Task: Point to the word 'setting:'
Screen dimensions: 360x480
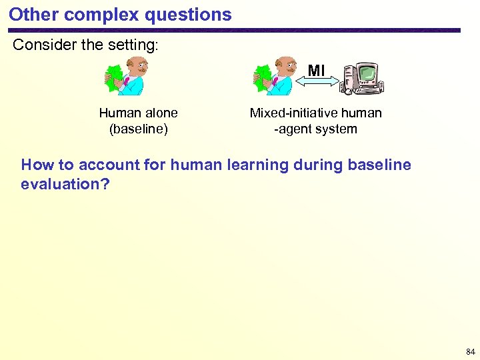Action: click(137, 45)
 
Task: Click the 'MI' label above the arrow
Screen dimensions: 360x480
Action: click(316, 69)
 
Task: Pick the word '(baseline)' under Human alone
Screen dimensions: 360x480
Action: click(138, 129)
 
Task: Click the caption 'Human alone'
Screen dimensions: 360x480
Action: click(138, 113)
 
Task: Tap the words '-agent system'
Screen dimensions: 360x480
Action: click(315, 129)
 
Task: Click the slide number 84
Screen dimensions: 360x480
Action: click(471, 351)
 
